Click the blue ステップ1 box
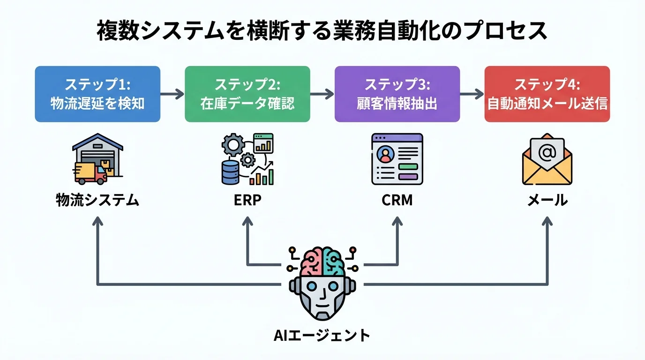pyautogui.click(x=97, y=94)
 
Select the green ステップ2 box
pyautogui.click(x=247, y=94)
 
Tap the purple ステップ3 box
pyautogui.click(x=397, y=94)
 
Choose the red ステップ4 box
pyautogui.click(x=547, y=94)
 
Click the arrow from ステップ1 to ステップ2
pyautogui.click(x=172, y=94)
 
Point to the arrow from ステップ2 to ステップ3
pyautogui.click(x=322, y=94)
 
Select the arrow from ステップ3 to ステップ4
pyautogui.click(x=472, y=94)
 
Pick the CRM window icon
pyautogui.click(x=397, y=159)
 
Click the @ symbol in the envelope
pyautogui.click(x=547, y=152)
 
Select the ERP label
pyautogui.click(x=247, y=201)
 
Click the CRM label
pyautogui.click(x=397, y=201)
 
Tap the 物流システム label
pyautogui.click(x=97, y=201)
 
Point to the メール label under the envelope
pyautogui.click(x=547, y=201)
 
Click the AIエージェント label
pyautogui.click(x=322, y=336)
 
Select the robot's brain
pyautogui.click(x=322, y=263)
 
